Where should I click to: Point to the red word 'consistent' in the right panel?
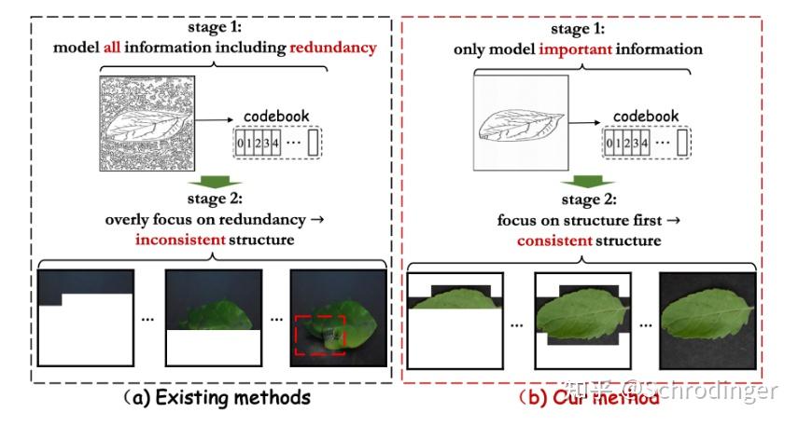tap(555, 240)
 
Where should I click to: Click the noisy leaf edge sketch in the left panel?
tap(147, 125)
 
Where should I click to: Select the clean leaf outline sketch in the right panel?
tap(519, 125)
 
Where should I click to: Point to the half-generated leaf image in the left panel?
tap(212, 317)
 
